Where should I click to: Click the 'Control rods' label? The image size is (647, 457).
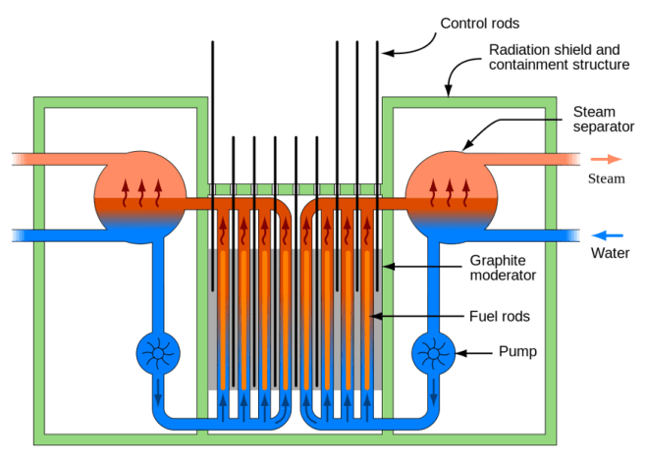(x=478, y=24)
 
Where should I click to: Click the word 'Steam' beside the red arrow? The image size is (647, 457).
(x=606, y=178)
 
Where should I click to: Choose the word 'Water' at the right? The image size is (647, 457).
(x=610, y=254)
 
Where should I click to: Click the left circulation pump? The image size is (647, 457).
(x=158, y=350)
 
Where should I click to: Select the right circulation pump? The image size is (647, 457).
(x=432, y=350)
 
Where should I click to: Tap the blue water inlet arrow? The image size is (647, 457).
(x=609, y=234)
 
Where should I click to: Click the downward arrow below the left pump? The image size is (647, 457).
(x=158, y=397)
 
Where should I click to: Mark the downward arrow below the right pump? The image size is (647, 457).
(x=432, y=397)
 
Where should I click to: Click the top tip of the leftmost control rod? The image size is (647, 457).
(x=212, y=43)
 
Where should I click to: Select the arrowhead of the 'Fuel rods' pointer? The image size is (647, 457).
(x=369, y=316)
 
